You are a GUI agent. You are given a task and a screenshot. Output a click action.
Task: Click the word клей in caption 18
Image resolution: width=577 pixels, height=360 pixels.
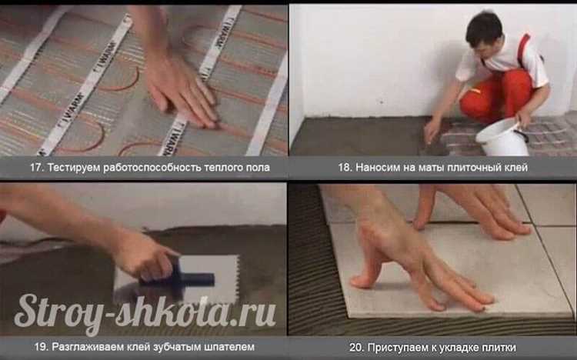point(512,167)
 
